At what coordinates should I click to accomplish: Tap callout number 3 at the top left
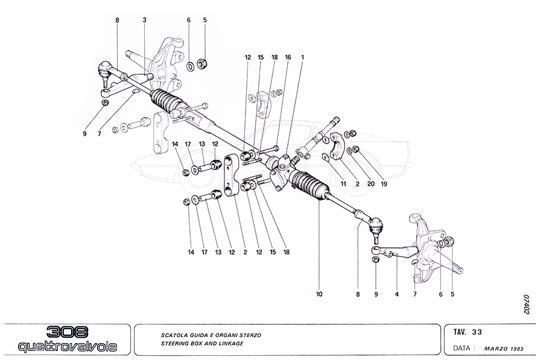click(x=145, y=20)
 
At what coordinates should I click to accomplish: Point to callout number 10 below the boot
click(x=319, y=294)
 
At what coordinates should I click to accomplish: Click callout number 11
click(x=342, y=184)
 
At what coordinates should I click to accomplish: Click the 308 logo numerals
click(x=68, y=332)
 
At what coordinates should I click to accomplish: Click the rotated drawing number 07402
click(x=526, y=305)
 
